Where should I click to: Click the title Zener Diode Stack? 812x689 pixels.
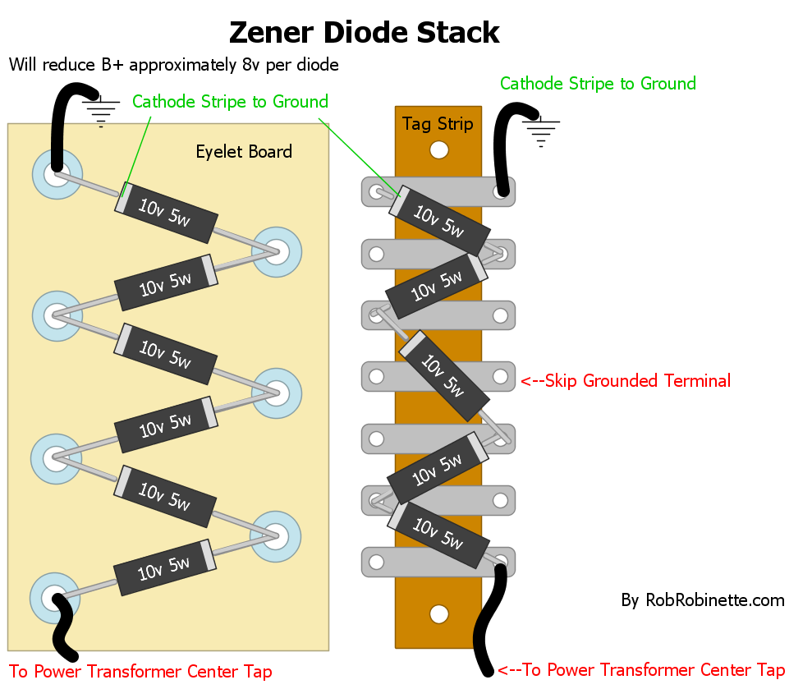click(x=364, y=32)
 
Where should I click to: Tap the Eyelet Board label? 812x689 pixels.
click(x=244, y=151)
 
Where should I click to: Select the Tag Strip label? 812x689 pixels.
click(x=438, y=124)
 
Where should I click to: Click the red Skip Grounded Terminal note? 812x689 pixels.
click(x=625, y=380)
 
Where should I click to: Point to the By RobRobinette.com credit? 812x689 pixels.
click(x=703, y=600)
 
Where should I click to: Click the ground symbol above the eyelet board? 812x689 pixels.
click(x=102, y=110)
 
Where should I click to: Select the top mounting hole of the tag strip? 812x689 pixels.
click(x=439, y=149)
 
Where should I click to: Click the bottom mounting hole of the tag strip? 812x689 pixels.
click(x=439, y=614)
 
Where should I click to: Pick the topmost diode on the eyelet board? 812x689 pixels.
click(x=166, y=211)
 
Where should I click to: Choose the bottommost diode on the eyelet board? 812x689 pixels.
click(x=166, y=567)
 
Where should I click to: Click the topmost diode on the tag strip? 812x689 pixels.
click(x=439, y=220)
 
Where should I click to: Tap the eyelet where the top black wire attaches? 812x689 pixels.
click(x=57, y=174)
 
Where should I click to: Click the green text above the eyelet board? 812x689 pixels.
click(x=230, y=102)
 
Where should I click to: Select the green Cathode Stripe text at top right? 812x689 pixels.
click(x=598, y=84)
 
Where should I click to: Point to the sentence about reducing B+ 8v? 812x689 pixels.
click(x=173, y=64)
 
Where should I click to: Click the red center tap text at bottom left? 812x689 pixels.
click(x=140, y=671)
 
